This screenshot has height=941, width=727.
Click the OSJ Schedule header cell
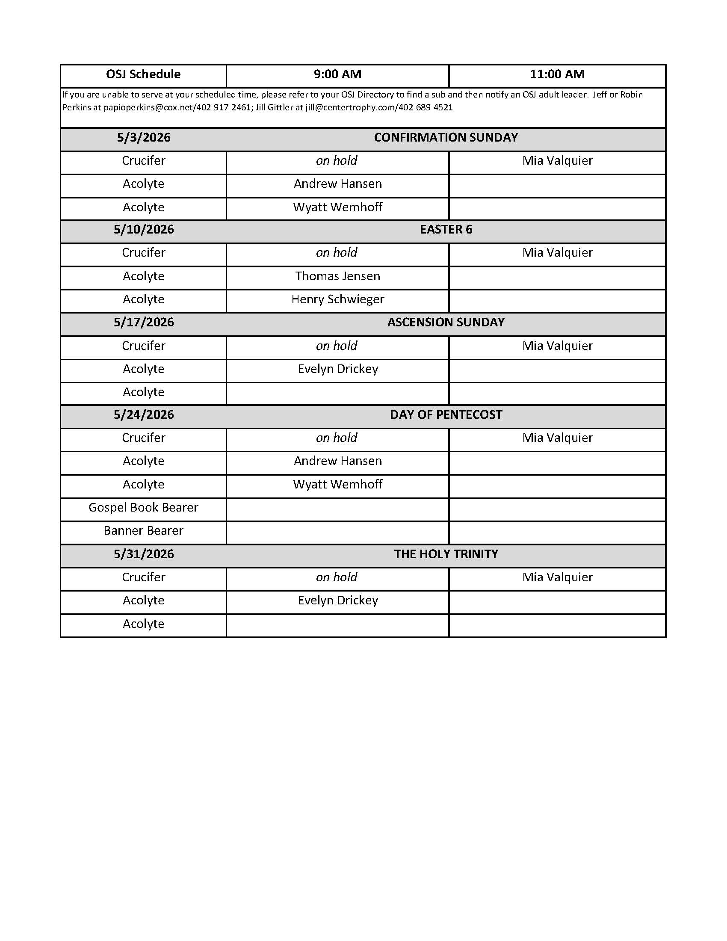[143, 74]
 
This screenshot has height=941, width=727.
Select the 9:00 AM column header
[337, 74]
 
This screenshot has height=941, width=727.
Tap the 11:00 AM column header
[557, 74]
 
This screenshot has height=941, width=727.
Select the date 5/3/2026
[143, 138]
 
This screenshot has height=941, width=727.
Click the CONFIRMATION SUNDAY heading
[446, 138]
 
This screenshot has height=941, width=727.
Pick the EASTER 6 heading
[446, 230]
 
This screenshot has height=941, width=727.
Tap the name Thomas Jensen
[338, 276]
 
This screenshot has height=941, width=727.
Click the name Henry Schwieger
[338, 299]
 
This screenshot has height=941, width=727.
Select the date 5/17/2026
[143, 323]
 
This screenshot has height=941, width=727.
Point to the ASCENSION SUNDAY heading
[446, 323]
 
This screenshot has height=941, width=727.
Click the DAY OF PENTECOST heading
[446, 415]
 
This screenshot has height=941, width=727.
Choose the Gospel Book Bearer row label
[143, 508]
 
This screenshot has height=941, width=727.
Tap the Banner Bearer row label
[143, 531]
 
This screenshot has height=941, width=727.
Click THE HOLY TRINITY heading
[446, 554]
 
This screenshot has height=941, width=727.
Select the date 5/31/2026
[143, 554]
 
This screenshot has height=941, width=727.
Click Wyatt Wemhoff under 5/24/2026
[338, 485]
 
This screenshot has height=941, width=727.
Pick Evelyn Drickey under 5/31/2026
[338, 601]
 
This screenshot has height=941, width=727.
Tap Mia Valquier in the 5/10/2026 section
[557, 253]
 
